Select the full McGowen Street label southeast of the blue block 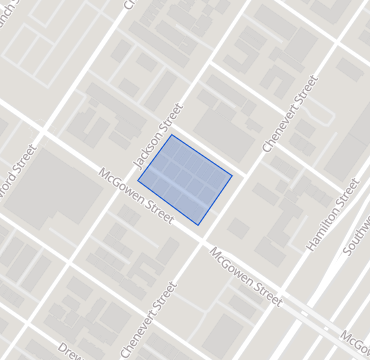tap(246, 276)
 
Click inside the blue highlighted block tap(185, 179)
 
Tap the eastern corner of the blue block tap(233, 177)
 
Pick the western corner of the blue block tap(138, 182)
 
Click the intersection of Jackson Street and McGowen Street tap(127, 177)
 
